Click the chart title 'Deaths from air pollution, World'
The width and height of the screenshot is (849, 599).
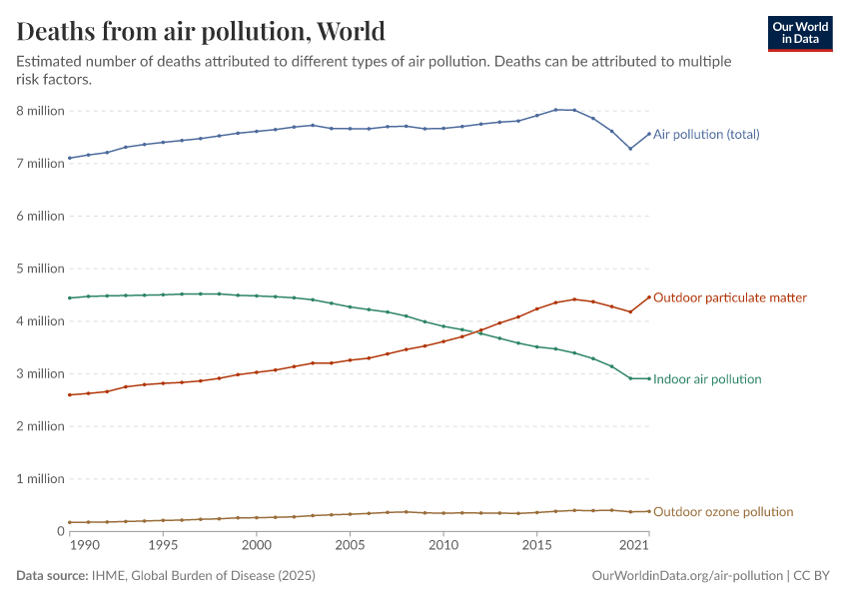tap(201, 31)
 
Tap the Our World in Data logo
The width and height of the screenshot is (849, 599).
tap(800, 33)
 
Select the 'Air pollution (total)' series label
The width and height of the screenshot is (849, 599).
tap(706, 134)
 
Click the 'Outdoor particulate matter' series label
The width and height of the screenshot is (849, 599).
tap(729, 298)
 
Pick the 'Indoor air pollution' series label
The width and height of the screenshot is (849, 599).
tap(707, 379)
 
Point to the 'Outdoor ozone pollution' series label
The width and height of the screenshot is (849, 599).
tap(723, 512)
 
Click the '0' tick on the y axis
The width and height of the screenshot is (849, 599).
tap(60, 531)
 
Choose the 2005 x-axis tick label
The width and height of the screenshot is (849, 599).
tap(350, 546)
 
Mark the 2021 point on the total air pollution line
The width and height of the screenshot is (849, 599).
tap(649, 134)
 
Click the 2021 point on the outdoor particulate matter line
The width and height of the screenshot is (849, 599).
tap(649, 297)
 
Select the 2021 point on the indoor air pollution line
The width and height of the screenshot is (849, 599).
tap(649, 378)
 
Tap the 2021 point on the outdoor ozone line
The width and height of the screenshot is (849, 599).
tap(649, 511)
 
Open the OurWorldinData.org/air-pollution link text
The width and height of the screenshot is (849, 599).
tap(687, 576)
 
